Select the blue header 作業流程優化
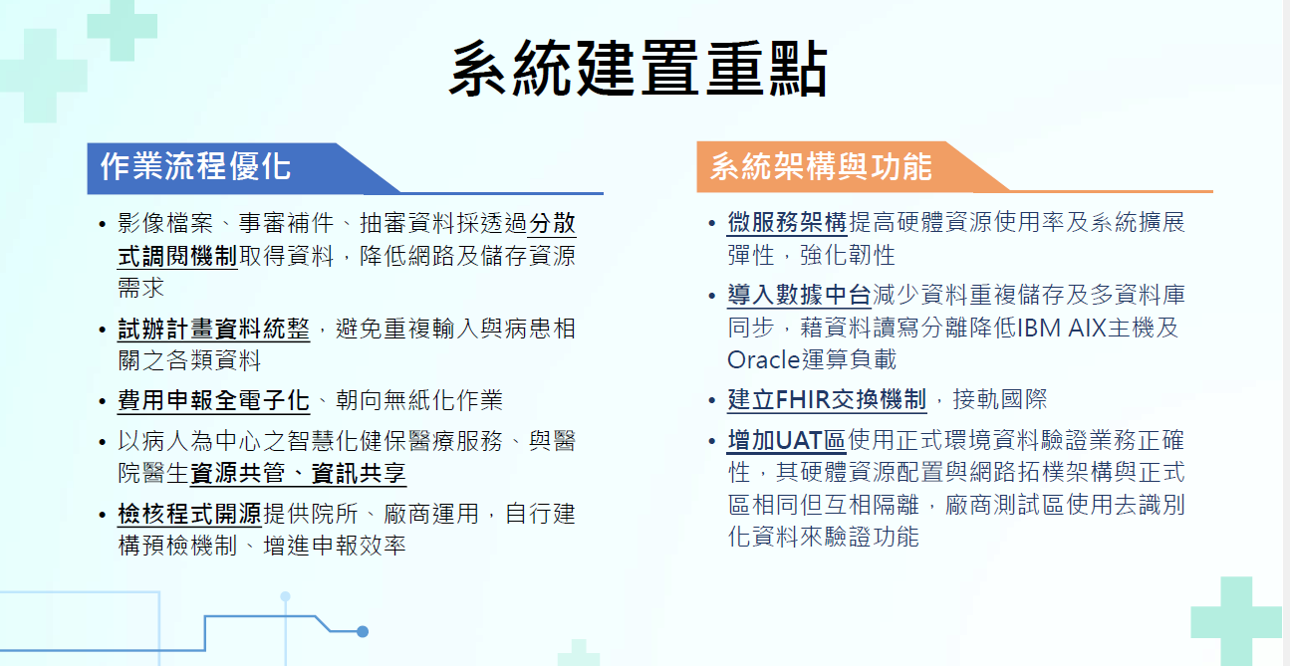[x=195, y=165]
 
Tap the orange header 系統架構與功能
[x=820, y=165]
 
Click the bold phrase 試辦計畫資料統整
[x=213, y=330]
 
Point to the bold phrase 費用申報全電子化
[x=213, y=401]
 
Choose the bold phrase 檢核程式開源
[x=189, y=515]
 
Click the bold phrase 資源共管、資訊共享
[x=298, y=473]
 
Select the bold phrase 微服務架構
[x=787, y=222]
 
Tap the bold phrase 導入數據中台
[x=799, y=295]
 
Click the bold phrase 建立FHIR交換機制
[x=827, y=401]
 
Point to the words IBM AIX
[x=1071, y=328]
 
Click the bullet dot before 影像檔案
[x=103, y=224]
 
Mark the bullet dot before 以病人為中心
[x=103, y=441]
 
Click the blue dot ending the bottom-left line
[x=363, y=631]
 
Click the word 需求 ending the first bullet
[x=140, y=288]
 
